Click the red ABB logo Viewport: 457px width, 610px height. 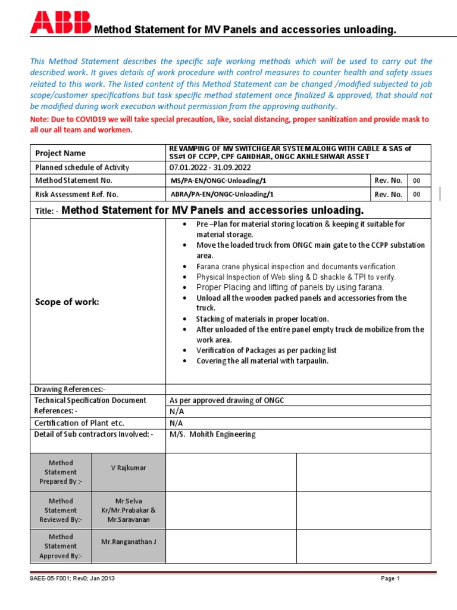point(61,22)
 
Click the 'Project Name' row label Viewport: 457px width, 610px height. point(60,153)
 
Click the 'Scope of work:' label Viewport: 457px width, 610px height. point(67,301)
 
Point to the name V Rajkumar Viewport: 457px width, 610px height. point(129,468)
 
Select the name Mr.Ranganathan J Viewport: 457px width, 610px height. point(129,541)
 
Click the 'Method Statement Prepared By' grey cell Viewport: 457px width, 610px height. point(61,472)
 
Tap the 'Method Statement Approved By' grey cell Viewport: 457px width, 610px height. point(61,546)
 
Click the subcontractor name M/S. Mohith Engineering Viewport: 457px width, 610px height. point(212,434)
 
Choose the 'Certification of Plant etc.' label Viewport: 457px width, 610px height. point(80,423)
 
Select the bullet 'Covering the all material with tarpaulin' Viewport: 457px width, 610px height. point(262,361)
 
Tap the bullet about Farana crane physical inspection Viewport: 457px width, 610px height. point(296,267)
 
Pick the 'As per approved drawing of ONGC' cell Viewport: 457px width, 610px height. point(227,400)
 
